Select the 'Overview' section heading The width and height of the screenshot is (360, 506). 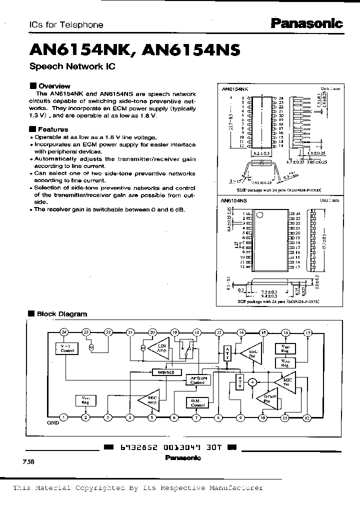click(54, 85)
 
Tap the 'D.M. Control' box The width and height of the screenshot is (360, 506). click(196, 402)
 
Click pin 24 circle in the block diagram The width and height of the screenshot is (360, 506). click(63, 332)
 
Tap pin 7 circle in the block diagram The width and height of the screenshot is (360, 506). click(196, 417)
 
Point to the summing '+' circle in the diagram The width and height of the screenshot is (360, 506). click(253, 382)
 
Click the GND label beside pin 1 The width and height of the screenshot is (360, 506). click(53, 422)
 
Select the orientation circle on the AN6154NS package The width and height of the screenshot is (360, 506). click(259, 215)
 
